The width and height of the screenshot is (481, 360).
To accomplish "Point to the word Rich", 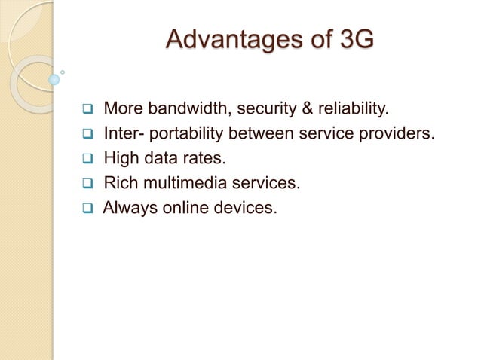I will pyautogui.click(x=120, y=182).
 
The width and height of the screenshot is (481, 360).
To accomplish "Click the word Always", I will pyautogui.click(x=127, y=205).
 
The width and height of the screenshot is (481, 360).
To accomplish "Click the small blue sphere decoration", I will pyautogui.click(x=54, y=78).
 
